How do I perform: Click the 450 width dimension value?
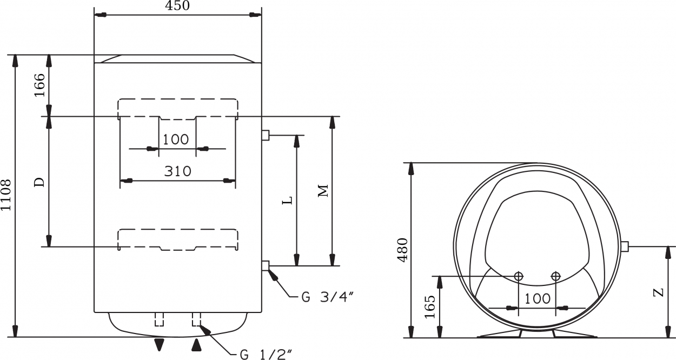177,5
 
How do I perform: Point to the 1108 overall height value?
6,195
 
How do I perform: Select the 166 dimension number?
39,85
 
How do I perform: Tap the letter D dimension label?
39,182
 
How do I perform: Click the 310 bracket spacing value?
178,171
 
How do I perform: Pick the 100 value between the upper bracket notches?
176,139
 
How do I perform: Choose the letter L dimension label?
287,200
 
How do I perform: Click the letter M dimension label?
323,191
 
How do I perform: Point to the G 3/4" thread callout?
327,297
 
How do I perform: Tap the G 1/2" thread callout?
266,354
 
